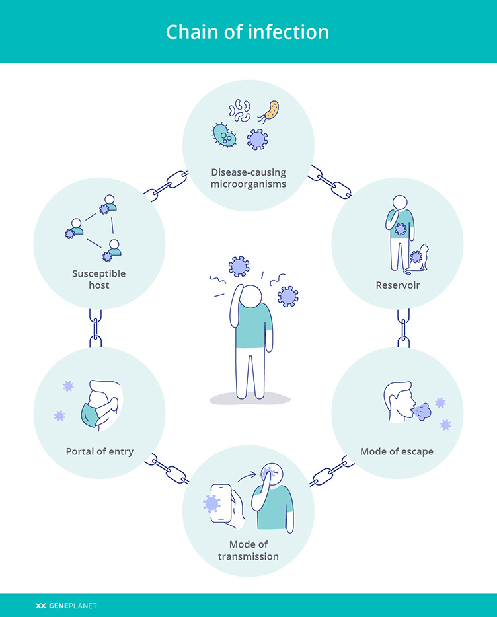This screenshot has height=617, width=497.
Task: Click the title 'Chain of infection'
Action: point(247,32)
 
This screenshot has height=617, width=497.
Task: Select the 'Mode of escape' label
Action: point(397,452)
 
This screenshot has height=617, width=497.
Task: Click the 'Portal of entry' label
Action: point(100,452)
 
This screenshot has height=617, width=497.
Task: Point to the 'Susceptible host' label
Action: point(99,279)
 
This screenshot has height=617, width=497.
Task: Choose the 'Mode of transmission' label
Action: point(249,550)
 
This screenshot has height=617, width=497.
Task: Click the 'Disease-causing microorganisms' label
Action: point(249,178)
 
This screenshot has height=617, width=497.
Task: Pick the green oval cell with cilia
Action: point(225,135)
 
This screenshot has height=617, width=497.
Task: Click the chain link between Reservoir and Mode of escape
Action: point(402,328)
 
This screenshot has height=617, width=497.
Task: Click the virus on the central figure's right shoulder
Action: point(287,296)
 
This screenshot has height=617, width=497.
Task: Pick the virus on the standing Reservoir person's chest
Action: point(401,229)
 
